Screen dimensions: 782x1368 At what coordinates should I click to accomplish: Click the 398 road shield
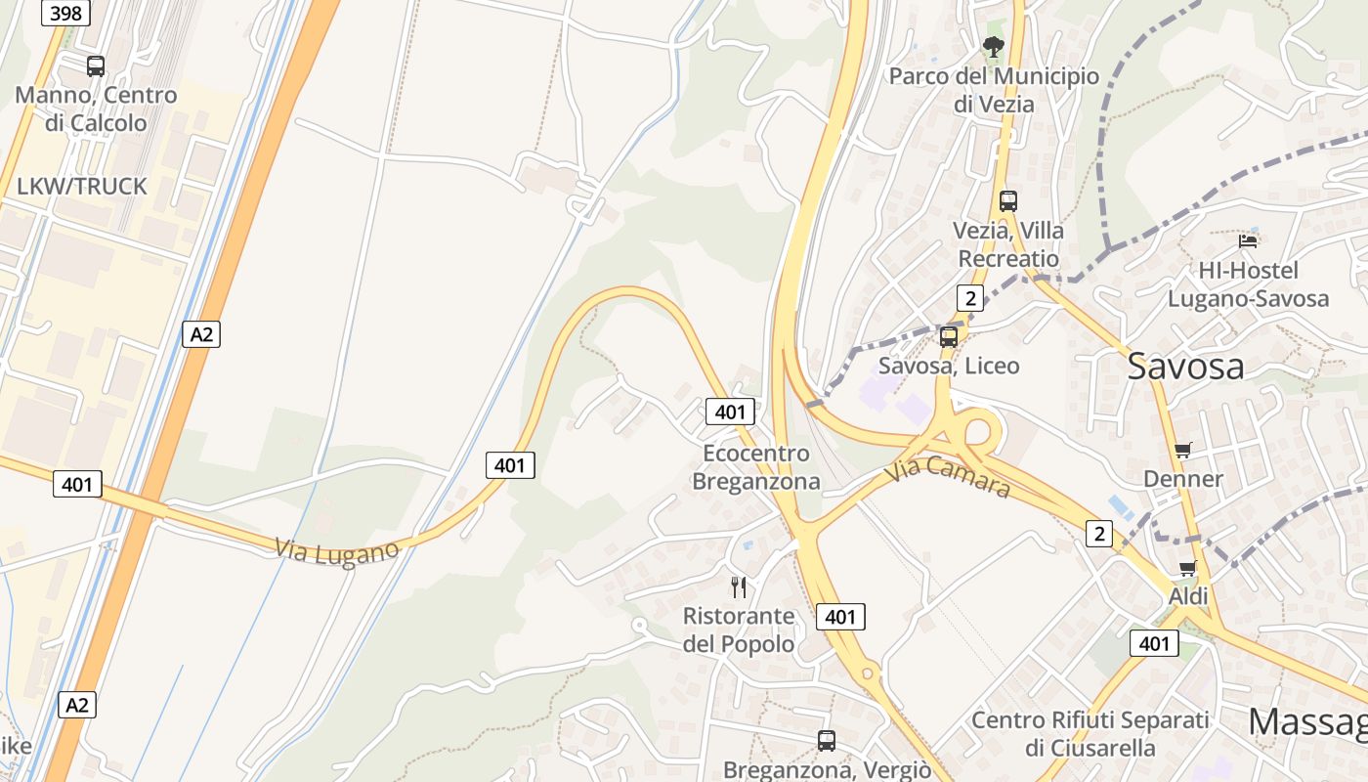tap(66, 13)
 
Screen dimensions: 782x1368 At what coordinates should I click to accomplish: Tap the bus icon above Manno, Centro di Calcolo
tap(96, 66)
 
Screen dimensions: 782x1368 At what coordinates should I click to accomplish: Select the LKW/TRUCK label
tap(82, 187)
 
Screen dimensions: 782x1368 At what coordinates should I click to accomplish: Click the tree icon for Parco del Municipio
tap(993, 46)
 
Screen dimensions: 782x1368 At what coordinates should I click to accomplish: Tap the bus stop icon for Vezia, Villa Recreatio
tap(1008, 201)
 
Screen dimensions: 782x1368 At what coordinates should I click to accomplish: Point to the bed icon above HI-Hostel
tap(1248, 240)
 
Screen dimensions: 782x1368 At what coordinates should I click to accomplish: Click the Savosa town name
tap(1185, 367)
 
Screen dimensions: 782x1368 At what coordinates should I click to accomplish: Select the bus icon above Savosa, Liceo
tap(948, 337)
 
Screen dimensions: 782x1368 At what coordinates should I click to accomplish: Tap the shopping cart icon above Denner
tap(1183, 451)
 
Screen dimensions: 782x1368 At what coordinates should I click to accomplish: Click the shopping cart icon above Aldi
tap(1187, 568)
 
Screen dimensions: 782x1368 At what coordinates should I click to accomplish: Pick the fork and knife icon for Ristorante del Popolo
tap(739, 586)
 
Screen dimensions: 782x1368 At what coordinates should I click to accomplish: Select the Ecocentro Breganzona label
tap(755, 467)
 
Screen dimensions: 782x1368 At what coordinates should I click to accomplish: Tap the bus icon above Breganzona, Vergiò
tap(827, 741)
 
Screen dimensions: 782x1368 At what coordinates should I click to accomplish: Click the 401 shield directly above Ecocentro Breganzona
tap(730, 412)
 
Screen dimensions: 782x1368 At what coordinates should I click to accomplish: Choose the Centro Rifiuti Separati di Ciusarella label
tap(1090, 734)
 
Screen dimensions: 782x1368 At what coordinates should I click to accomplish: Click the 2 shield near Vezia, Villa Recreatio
tap(969, 298)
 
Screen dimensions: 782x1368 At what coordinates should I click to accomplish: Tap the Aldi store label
tap(1188, 596)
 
